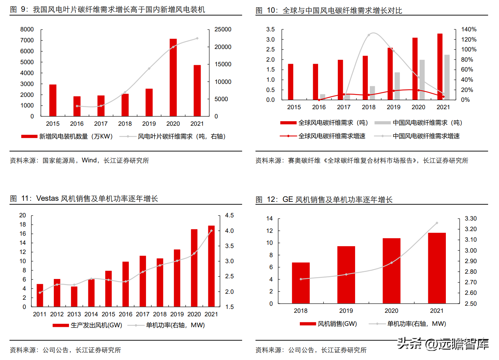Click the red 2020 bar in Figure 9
pyautogui.click(x=173, y=77)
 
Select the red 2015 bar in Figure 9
pyautogui.click(x=53, y=100)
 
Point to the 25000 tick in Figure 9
pyautogui.click(x=223, y=30)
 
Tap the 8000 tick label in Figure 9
pyautogui.click(x=27, y=30)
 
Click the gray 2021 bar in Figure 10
pyautogui.click(x=447, y=77)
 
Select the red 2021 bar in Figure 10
pyautogui.click(x=440, y=67)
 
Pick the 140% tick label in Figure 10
pyautogui.click(x=469, y=30)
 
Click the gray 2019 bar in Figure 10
pyautogui.click(x=397, y=86)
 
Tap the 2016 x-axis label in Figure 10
pyautogui.click(x=319, y=107)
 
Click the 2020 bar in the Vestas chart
pyautogui.click(x=194, y=268)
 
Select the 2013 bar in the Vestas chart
pyautogui.click(x=74, y=297)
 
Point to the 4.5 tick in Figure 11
pyautogui.click(x=229, y=216)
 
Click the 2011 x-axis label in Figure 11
pyautogui.click(x=40, y=314)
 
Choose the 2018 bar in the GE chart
pyautogui.click(x=301, y=283)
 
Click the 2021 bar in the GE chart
pyautogui.click(x=437, y=268)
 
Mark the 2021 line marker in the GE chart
pyautogui.click(x=437, y=223)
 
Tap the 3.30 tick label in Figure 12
pyautogui.click(x=470, y=219)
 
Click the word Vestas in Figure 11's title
pyautogui.click(x=48, y=199)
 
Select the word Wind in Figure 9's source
pyautogui.click(x=89, y=161)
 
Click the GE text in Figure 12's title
pyautogui.click(x=288, y=200)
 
